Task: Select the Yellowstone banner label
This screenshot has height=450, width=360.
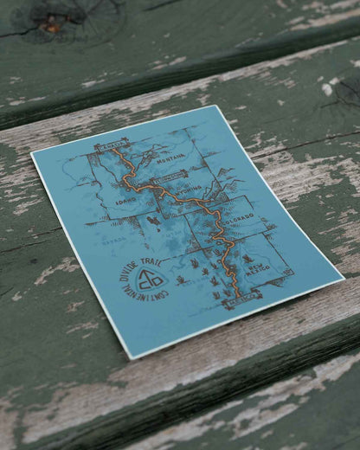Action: pyautogui.click(x=171, y=177)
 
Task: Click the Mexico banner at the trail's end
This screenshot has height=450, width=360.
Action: pyautogui.click(x=241, y=295)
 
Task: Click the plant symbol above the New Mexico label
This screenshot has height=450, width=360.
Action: pyautogui.click(x=249, y=259)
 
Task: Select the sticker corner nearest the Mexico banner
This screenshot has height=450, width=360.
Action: pyautogui.click(x=343, y=279)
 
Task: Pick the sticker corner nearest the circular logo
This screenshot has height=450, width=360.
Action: pyautogui.click(x=131, y=357)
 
